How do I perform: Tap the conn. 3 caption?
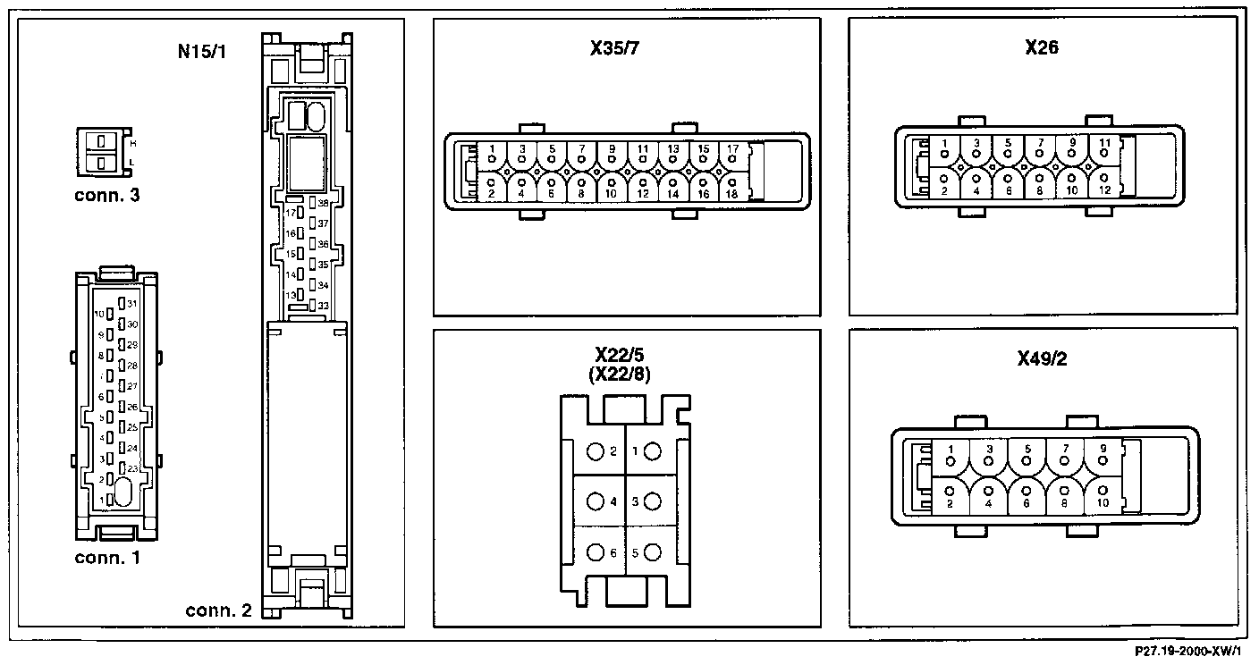(107, 194)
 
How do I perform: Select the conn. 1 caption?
(107, 559)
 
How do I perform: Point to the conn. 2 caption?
(218, 611)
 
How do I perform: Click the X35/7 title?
(615, 49)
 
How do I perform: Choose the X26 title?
(1042, 47)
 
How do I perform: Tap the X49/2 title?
(1042, 358)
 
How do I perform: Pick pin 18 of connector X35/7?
(731, 188)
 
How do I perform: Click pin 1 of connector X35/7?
(492, 154)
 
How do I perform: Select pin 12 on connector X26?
(1103, 184)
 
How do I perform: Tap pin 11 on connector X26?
(1103, 147)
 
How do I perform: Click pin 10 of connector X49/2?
(1103, 496)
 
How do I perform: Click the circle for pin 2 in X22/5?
(596, 451)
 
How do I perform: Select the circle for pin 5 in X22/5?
(652, 552)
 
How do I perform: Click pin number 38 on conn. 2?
(322, 204)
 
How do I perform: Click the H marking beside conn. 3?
(133, 142)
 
